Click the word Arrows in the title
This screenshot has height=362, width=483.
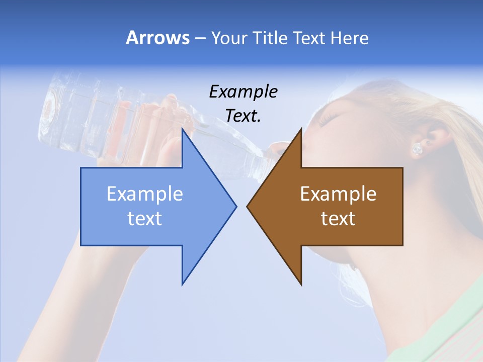157,38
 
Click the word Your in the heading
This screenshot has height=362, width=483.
228,38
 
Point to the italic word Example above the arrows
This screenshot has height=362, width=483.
243,92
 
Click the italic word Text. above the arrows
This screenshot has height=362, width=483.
243,116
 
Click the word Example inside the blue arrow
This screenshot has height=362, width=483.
145,194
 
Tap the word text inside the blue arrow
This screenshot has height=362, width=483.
145,218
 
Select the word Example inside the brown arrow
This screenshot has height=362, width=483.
338,194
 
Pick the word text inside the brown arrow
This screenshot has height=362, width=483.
338,218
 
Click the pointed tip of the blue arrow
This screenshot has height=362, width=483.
235,206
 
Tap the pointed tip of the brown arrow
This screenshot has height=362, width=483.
248,206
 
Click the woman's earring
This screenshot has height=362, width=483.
417,148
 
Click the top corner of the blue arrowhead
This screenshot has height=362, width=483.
183,130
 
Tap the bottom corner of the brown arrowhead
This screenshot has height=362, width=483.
301,284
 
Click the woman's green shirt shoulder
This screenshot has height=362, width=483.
453,322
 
